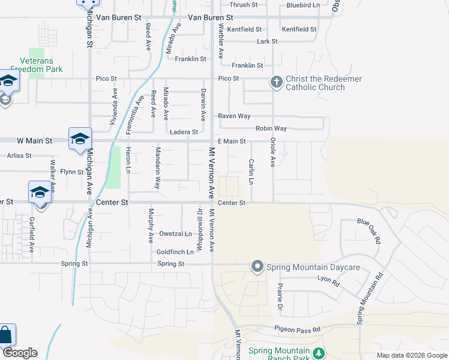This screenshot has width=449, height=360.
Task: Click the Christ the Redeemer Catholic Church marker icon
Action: tap(276, 82)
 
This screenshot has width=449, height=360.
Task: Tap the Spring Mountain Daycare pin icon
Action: tap(258, 266)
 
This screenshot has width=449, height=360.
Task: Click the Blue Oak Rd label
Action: tap(369, 230)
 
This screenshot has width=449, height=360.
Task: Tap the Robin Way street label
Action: tap(271, 128)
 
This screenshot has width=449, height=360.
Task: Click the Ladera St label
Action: tap(184, 132)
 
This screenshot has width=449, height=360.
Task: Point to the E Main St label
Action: tap(232, 141)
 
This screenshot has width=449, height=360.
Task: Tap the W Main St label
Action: tap(35, 140)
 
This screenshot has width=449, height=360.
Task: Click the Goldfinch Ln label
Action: tap(175, 252)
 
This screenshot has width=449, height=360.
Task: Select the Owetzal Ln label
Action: tap(175, 233)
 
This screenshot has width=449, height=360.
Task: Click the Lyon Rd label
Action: tap(328, 280)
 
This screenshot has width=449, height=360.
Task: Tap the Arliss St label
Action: tap(19, 155)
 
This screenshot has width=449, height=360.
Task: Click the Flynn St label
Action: tap(71, 172)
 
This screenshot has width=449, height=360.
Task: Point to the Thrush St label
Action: tap(244, 5)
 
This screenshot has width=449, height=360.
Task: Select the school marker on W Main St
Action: tap(80, 139)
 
